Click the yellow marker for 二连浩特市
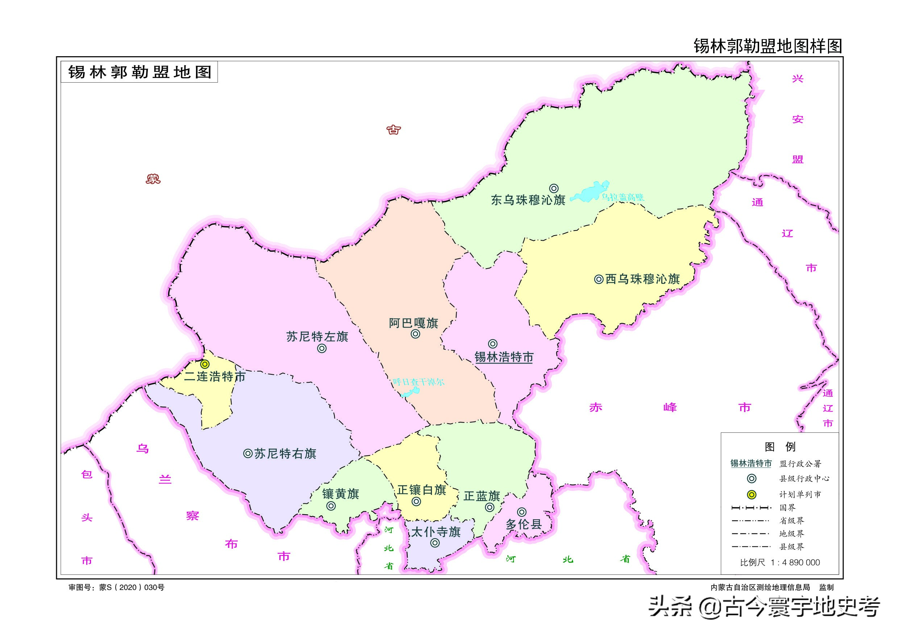205,364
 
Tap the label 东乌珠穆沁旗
528,200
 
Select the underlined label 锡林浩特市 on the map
504,357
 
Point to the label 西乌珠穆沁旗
642,279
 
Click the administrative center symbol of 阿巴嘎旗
415,334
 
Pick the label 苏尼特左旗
317,336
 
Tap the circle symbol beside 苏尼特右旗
248,453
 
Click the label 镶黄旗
341,494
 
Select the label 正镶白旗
422,490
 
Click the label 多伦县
524,524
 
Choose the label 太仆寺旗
436,532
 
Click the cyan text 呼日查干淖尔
419,382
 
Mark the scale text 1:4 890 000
795,563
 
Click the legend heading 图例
780,447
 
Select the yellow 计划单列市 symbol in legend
752,495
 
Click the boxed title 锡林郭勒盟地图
140,72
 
